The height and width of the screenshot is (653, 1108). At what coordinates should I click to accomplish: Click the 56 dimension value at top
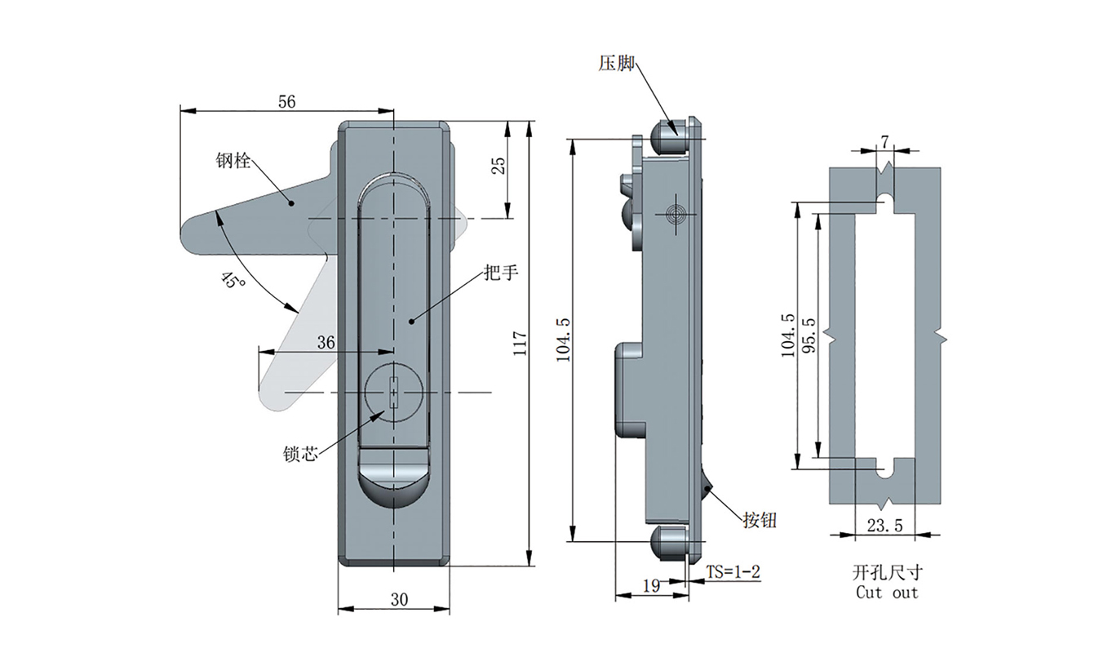[x=286, y=101]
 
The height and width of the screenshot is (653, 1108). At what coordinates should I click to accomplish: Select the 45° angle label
[x=233, y=280]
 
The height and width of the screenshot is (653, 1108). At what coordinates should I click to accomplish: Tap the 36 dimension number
[x=326, y=344]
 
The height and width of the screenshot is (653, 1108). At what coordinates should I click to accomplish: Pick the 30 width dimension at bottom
[x=399, y=599]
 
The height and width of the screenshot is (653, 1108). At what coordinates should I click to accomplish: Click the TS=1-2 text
[x=733, y=572]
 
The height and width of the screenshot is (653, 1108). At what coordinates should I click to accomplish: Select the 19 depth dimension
[x=651, y=585]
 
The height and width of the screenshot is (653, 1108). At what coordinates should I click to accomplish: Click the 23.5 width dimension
[x=884, y=526]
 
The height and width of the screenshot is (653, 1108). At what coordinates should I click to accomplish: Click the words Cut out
[x=887, y=593]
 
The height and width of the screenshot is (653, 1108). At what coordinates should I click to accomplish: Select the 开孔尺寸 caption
[x=887, y=573]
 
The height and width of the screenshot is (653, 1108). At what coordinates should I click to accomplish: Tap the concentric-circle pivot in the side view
[x=673, y=215]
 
